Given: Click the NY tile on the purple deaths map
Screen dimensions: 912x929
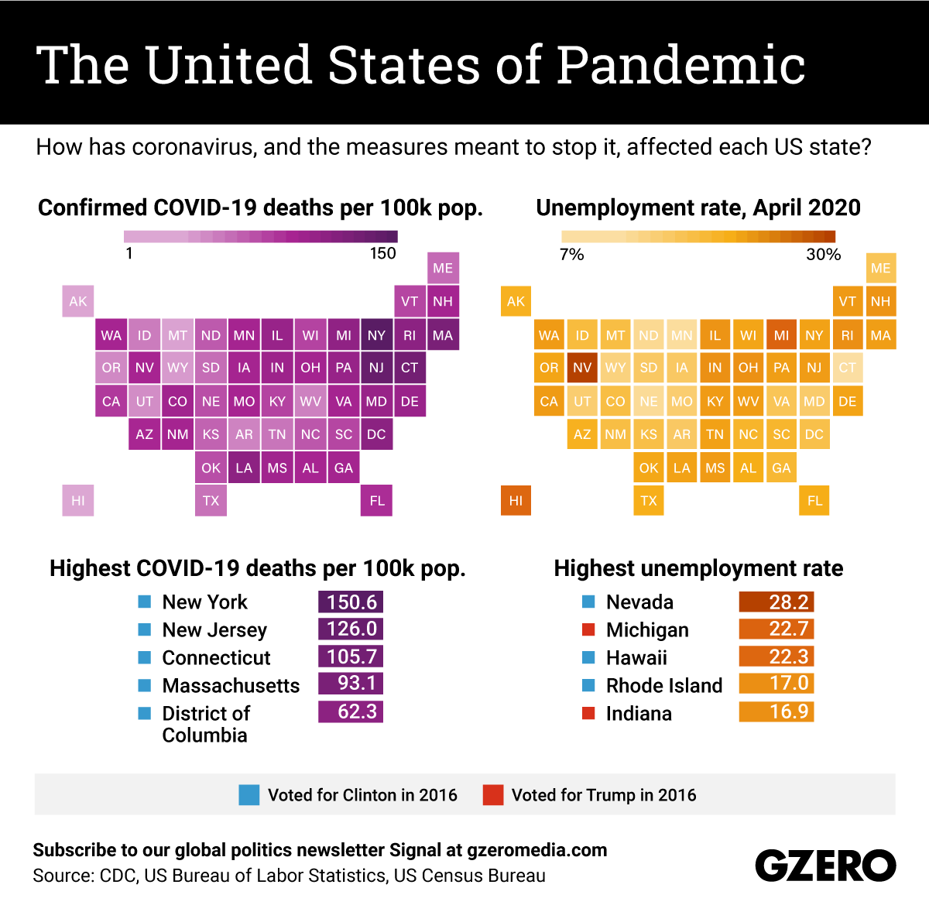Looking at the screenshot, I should click(x=376, y=335).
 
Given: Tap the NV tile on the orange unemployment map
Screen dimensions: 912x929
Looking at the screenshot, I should click(x=582, y=368).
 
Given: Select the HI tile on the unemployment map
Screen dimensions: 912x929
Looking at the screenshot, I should click(x=516, y=500).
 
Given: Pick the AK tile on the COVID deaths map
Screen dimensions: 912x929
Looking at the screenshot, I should click(x=78, y=301).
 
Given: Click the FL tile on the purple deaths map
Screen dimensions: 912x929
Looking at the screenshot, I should click(x=377, y=500).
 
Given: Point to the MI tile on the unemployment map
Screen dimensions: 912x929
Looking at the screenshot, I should click(x=781, y=335).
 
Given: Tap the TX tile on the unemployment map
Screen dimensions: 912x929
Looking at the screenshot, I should click(x=649, y=500).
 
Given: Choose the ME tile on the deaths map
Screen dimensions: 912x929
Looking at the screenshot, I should click(x=443, y=268).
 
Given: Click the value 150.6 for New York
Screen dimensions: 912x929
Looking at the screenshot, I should click(x=351, y=602).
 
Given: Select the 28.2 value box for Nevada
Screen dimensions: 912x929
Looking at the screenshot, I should click(x=776, y=602).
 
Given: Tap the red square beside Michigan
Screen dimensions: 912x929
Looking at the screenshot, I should click(x=588, y=629).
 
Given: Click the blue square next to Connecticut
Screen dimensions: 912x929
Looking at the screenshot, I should click(x=145, y=657).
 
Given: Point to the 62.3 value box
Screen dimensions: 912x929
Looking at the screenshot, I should click(x=351, y=711).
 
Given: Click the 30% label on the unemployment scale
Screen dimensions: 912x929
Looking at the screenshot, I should click(x=823, y=254).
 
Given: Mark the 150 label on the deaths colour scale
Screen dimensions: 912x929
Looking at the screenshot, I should click(x=382, y=253).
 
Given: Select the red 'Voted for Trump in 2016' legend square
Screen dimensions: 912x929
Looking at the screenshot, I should click(x=492, y=795).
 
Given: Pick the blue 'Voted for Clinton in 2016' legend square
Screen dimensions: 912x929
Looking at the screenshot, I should click(x=249, y=795).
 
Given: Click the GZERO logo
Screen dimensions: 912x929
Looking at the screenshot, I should click(x=825, y=866).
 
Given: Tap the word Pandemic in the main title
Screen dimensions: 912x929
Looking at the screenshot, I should click(x=680, y=65).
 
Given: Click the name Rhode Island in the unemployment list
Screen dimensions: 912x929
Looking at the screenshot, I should click(x=664, y=685).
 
